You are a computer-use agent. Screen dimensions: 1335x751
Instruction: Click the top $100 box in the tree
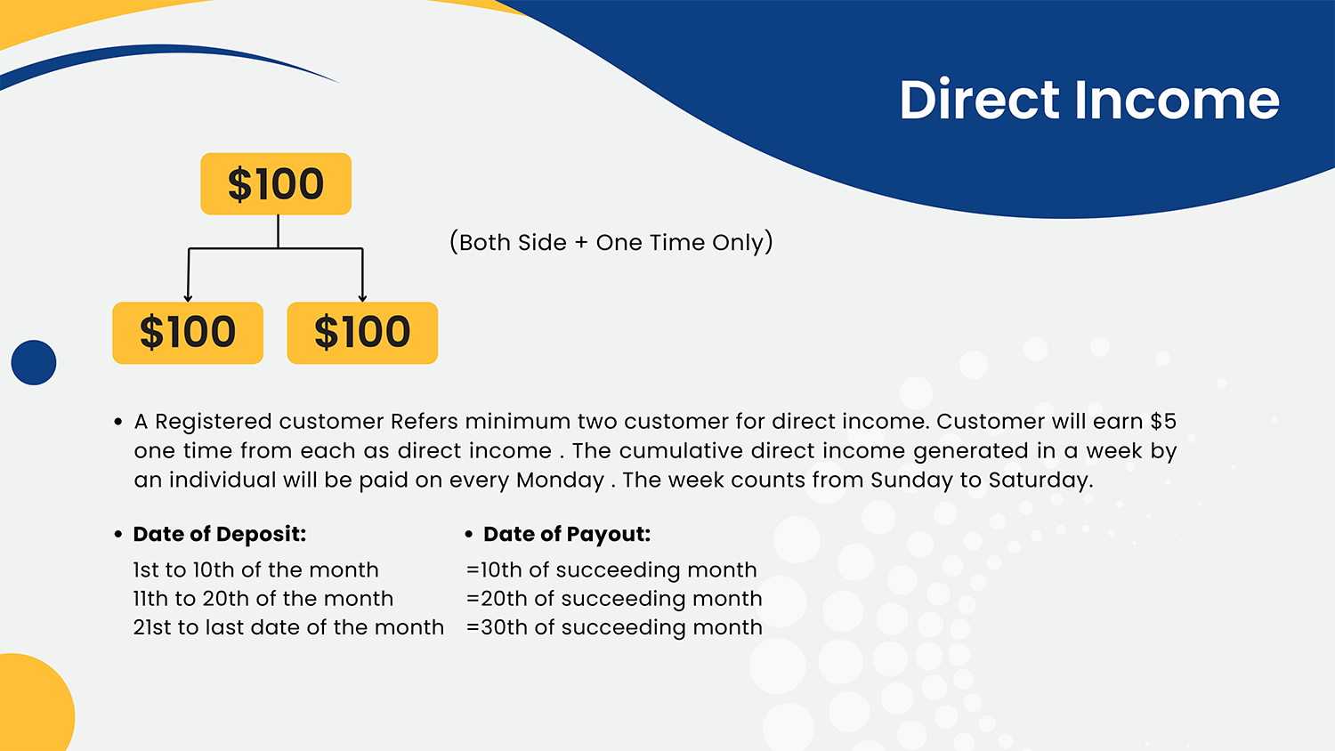[x=276, y=183]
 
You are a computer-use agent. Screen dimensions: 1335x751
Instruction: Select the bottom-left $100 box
[x=188, y=333]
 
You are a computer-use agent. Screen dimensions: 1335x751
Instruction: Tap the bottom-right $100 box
[x=362, y=333]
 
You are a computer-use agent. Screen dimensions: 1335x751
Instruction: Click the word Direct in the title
[x=979, y=100]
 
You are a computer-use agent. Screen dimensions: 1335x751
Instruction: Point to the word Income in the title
[x=1177, y=100]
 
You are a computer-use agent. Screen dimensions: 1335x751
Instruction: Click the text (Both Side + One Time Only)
[x=611, y=242]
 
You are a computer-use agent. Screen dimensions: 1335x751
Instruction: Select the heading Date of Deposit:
[x=219, y=534]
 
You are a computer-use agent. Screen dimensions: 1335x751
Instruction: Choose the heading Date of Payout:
[x=567, y=534]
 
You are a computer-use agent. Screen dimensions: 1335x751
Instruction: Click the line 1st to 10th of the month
[x=255, y=569]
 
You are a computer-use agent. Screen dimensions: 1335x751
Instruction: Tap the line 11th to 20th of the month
[x=263, y=599]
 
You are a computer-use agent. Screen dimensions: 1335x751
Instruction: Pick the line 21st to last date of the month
[x=288, y=627]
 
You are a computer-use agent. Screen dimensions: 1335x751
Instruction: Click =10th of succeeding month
[x=611, y=570]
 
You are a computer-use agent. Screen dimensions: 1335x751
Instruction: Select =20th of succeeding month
[x=614, y=599]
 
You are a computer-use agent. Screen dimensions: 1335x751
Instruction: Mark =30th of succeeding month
[x=614, y=627]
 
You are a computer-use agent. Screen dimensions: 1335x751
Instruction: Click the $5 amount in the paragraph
[x=1163, y=422]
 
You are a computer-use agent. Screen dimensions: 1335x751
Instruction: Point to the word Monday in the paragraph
[x=560, y=480]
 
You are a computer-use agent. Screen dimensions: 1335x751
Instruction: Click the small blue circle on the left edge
[x=34, y=362]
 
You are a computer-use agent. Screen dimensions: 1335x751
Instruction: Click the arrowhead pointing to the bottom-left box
[x=188, y=297]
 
